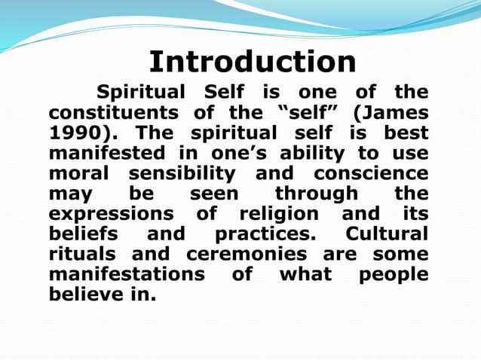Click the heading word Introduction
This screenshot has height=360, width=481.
(x=252, y=62)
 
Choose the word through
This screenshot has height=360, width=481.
(x=317, y=195)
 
